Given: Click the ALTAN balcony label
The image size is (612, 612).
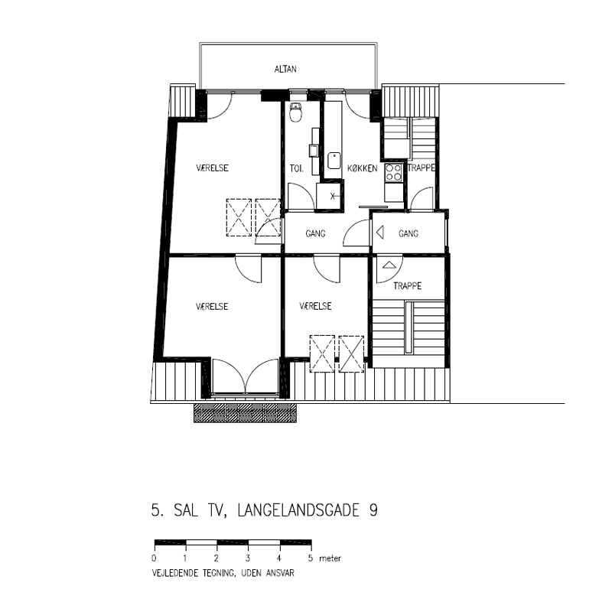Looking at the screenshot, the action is coord(285,69).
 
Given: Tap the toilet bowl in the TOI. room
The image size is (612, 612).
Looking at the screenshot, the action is coord(296,112).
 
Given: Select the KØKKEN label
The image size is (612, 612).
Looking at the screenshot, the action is coord(362,168).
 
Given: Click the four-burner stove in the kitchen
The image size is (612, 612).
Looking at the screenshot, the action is coord(393,173).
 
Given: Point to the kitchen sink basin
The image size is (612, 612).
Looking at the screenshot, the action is coord(334,161).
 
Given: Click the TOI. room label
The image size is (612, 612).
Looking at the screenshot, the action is coord(296,168).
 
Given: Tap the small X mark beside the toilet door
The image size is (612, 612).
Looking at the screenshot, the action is coord(333,196).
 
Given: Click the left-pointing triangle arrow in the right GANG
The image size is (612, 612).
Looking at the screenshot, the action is coord(379,233).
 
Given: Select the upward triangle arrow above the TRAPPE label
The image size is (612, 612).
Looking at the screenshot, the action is coord(389,265).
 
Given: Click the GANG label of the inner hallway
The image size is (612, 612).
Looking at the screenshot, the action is coord(315,233).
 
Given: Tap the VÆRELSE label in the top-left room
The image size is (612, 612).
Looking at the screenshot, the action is coord(212,168).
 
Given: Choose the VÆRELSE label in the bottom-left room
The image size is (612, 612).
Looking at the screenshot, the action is coord(212,307).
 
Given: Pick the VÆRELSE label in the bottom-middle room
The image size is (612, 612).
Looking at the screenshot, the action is coord(315,306).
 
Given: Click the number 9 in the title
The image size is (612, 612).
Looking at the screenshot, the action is coord(373,510).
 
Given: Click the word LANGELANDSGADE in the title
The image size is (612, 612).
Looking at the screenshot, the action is coord(298,510).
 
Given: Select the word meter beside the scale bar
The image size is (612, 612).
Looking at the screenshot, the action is coord(330,558).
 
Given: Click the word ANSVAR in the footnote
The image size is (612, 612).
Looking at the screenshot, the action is coord(280,573).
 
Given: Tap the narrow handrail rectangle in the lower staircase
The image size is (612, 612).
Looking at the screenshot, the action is coord(409,328).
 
